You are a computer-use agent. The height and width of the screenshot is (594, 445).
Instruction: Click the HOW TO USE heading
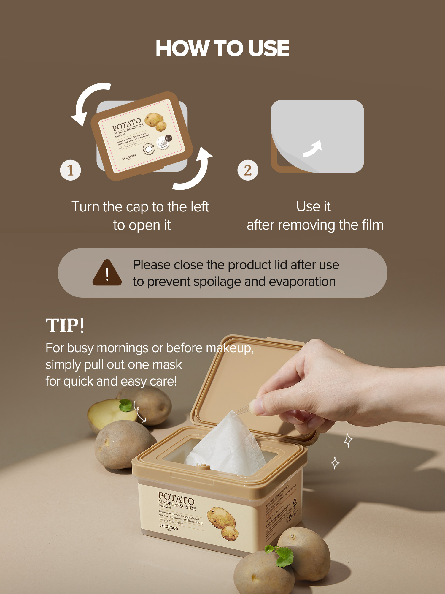(x=222, y=48)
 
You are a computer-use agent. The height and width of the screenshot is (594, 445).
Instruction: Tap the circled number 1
(x=70, y=170)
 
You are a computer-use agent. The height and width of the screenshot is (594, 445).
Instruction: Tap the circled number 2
(x=248, y=170)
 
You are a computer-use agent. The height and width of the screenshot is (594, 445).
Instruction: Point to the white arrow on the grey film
(x=313, y=148)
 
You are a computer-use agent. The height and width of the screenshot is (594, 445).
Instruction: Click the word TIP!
(x=65, y=325)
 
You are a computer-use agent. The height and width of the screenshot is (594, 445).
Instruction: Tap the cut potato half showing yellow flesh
(x=107, y=413)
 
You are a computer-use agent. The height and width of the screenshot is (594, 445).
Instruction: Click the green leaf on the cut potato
(x=126, y=405)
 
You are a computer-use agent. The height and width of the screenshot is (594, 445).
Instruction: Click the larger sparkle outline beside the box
(x=348, y=440)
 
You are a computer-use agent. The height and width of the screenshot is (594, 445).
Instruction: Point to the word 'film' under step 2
(x=372, y=225)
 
